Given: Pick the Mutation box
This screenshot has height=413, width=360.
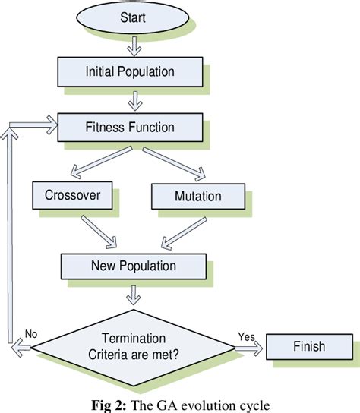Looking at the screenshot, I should [x=197, y=195].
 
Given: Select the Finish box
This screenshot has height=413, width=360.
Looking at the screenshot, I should [x=308, y=347].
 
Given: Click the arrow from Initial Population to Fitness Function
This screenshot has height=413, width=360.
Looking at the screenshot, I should [x=133, y=99].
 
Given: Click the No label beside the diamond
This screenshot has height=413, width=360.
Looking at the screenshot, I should [x=30, y=333].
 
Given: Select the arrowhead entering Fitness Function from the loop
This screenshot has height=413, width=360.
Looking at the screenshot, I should [x=50, y=121].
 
